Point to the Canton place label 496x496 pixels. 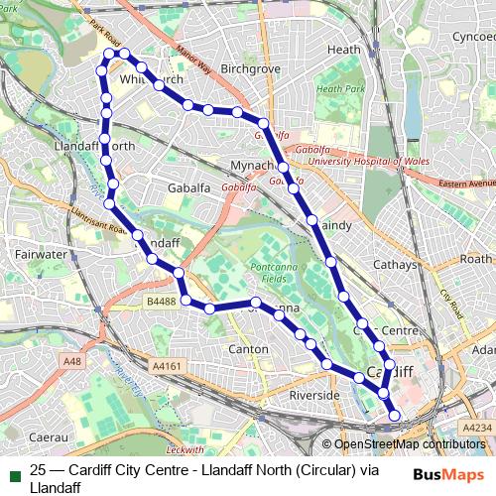point(248,349)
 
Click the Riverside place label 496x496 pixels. point(314,396)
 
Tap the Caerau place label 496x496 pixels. point(48,435)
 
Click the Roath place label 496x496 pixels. point(475,258)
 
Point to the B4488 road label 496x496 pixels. point(160,301)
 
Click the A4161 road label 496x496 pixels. point(169,366)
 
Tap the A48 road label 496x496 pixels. point(71,362)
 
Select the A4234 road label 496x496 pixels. point(477,427)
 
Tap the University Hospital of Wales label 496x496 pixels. point(354,160)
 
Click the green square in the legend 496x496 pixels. point(12,471)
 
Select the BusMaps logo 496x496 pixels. point(448,474)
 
